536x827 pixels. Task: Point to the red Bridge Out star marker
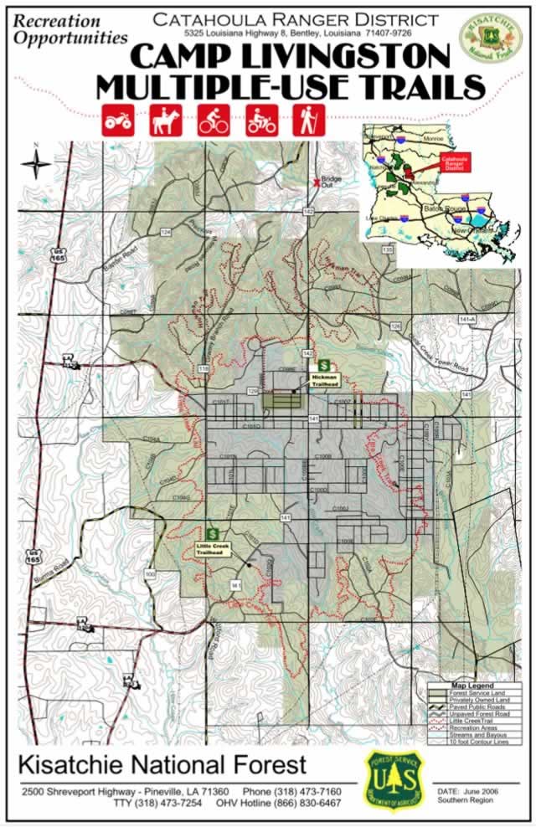(317, 182)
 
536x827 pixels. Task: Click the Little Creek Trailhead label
(212, 550)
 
